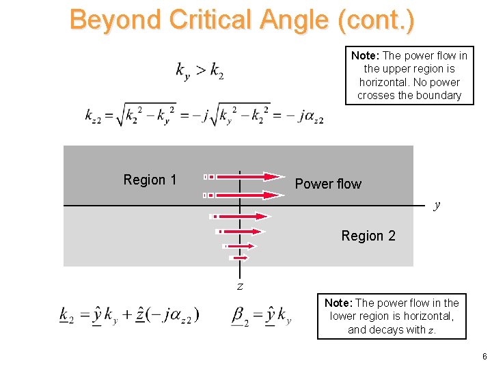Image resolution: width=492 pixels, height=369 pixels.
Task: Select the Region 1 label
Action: point(150,180)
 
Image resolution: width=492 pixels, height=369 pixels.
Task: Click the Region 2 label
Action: point(368,236)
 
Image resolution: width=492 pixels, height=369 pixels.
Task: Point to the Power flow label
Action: point(328,184)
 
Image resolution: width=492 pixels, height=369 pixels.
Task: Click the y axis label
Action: point(437,204)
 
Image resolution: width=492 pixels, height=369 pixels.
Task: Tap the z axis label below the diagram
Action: point(240,286)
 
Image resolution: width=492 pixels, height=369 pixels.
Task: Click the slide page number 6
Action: point(484,357)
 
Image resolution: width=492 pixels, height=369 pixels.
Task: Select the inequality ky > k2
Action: point(200,70)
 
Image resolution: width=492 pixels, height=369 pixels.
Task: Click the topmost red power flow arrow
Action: point(246,176)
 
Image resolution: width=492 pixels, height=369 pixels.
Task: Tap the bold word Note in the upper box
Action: point(365,55)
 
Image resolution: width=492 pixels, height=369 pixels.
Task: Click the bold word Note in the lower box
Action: point(338,303)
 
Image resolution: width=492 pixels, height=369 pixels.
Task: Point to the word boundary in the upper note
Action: point(438,96)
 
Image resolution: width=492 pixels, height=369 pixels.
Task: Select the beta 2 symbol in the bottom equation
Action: point(240,316)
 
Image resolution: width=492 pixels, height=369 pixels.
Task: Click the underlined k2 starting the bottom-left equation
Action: point(68,316)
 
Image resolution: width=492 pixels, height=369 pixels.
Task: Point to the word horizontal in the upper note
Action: point(385,82)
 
